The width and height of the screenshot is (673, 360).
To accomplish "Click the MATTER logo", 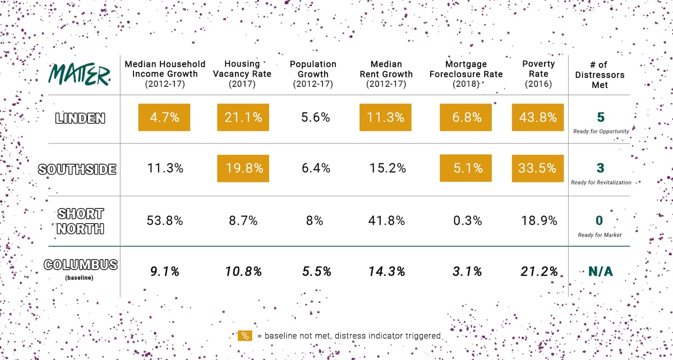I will tap(80, 74).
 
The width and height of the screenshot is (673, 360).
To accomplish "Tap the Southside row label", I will tap(77, 168).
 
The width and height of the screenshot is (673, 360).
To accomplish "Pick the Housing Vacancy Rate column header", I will tap(242, 74).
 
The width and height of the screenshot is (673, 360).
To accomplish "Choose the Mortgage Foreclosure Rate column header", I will tap(466, 74).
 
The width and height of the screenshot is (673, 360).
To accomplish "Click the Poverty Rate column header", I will tap(538, 74).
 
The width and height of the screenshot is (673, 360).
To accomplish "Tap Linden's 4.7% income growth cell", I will tap(164, 118).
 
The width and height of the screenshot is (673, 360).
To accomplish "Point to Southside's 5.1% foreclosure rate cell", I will tap(466, 168).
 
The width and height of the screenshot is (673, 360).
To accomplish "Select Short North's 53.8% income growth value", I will tap(164, 220).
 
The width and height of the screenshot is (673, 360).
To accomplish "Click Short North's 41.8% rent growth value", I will tap(386, 220).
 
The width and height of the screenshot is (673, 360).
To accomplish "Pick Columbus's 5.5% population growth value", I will tap(313, 271).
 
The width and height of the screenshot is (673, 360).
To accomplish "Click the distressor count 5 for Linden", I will tap(600, 117).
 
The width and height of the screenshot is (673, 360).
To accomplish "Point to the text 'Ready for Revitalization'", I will tap(601, 182).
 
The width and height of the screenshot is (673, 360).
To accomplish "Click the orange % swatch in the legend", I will tap(245, 335).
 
